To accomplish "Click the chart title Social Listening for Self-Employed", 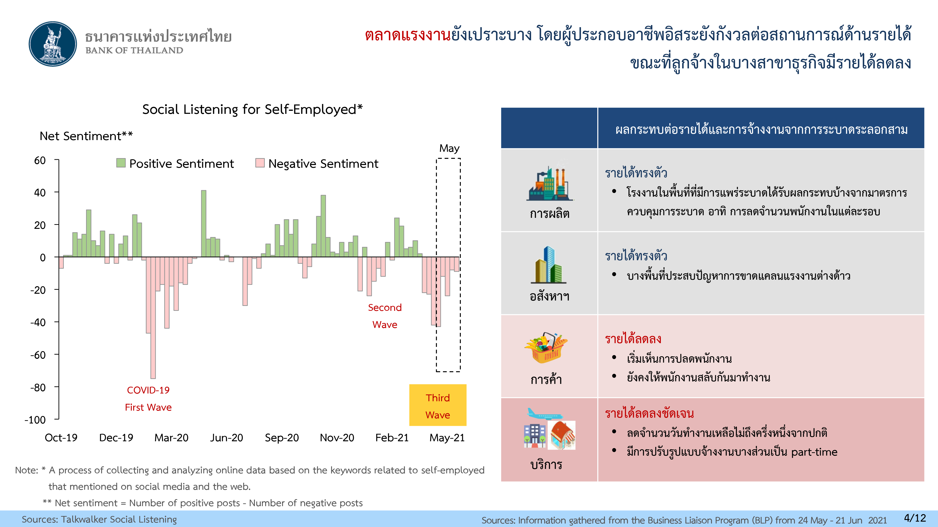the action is [252, 109].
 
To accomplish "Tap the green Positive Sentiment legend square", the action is [121, 163].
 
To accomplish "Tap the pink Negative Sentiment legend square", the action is [260, 163].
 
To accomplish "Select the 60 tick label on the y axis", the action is [40, 160].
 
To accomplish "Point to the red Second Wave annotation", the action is [385, 316].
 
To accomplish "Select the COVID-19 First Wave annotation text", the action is [148, 399].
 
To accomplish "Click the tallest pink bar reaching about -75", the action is [153, 318].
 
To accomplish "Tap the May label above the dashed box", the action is [449, 148].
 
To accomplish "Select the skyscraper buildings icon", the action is [549, 265].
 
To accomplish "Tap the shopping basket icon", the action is [546, 347].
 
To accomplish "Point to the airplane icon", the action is [544, 414].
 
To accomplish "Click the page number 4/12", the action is [915, 518].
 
